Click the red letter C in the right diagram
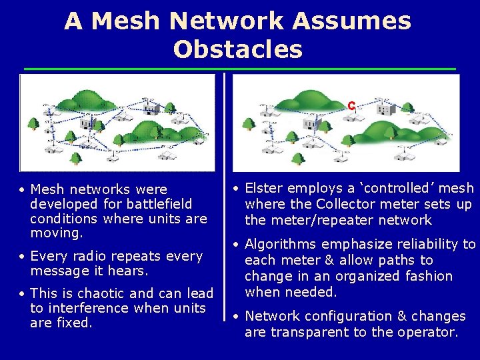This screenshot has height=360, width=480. click(x=351, y=105)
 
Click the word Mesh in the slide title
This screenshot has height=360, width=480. click(x=127, y=21)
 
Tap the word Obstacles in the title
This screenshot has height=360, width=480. click(x=237, y=49)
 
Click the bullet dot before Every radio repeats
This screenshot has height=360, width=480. click(x=22, y=257)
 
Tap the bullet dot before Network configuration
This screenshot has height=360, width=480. click(x=237, y=317)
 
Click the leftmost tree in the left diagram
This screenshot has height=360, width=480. click(x=31, y=125)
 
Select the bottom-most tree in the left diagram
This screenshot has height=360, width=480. click(x=75, y=158)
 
